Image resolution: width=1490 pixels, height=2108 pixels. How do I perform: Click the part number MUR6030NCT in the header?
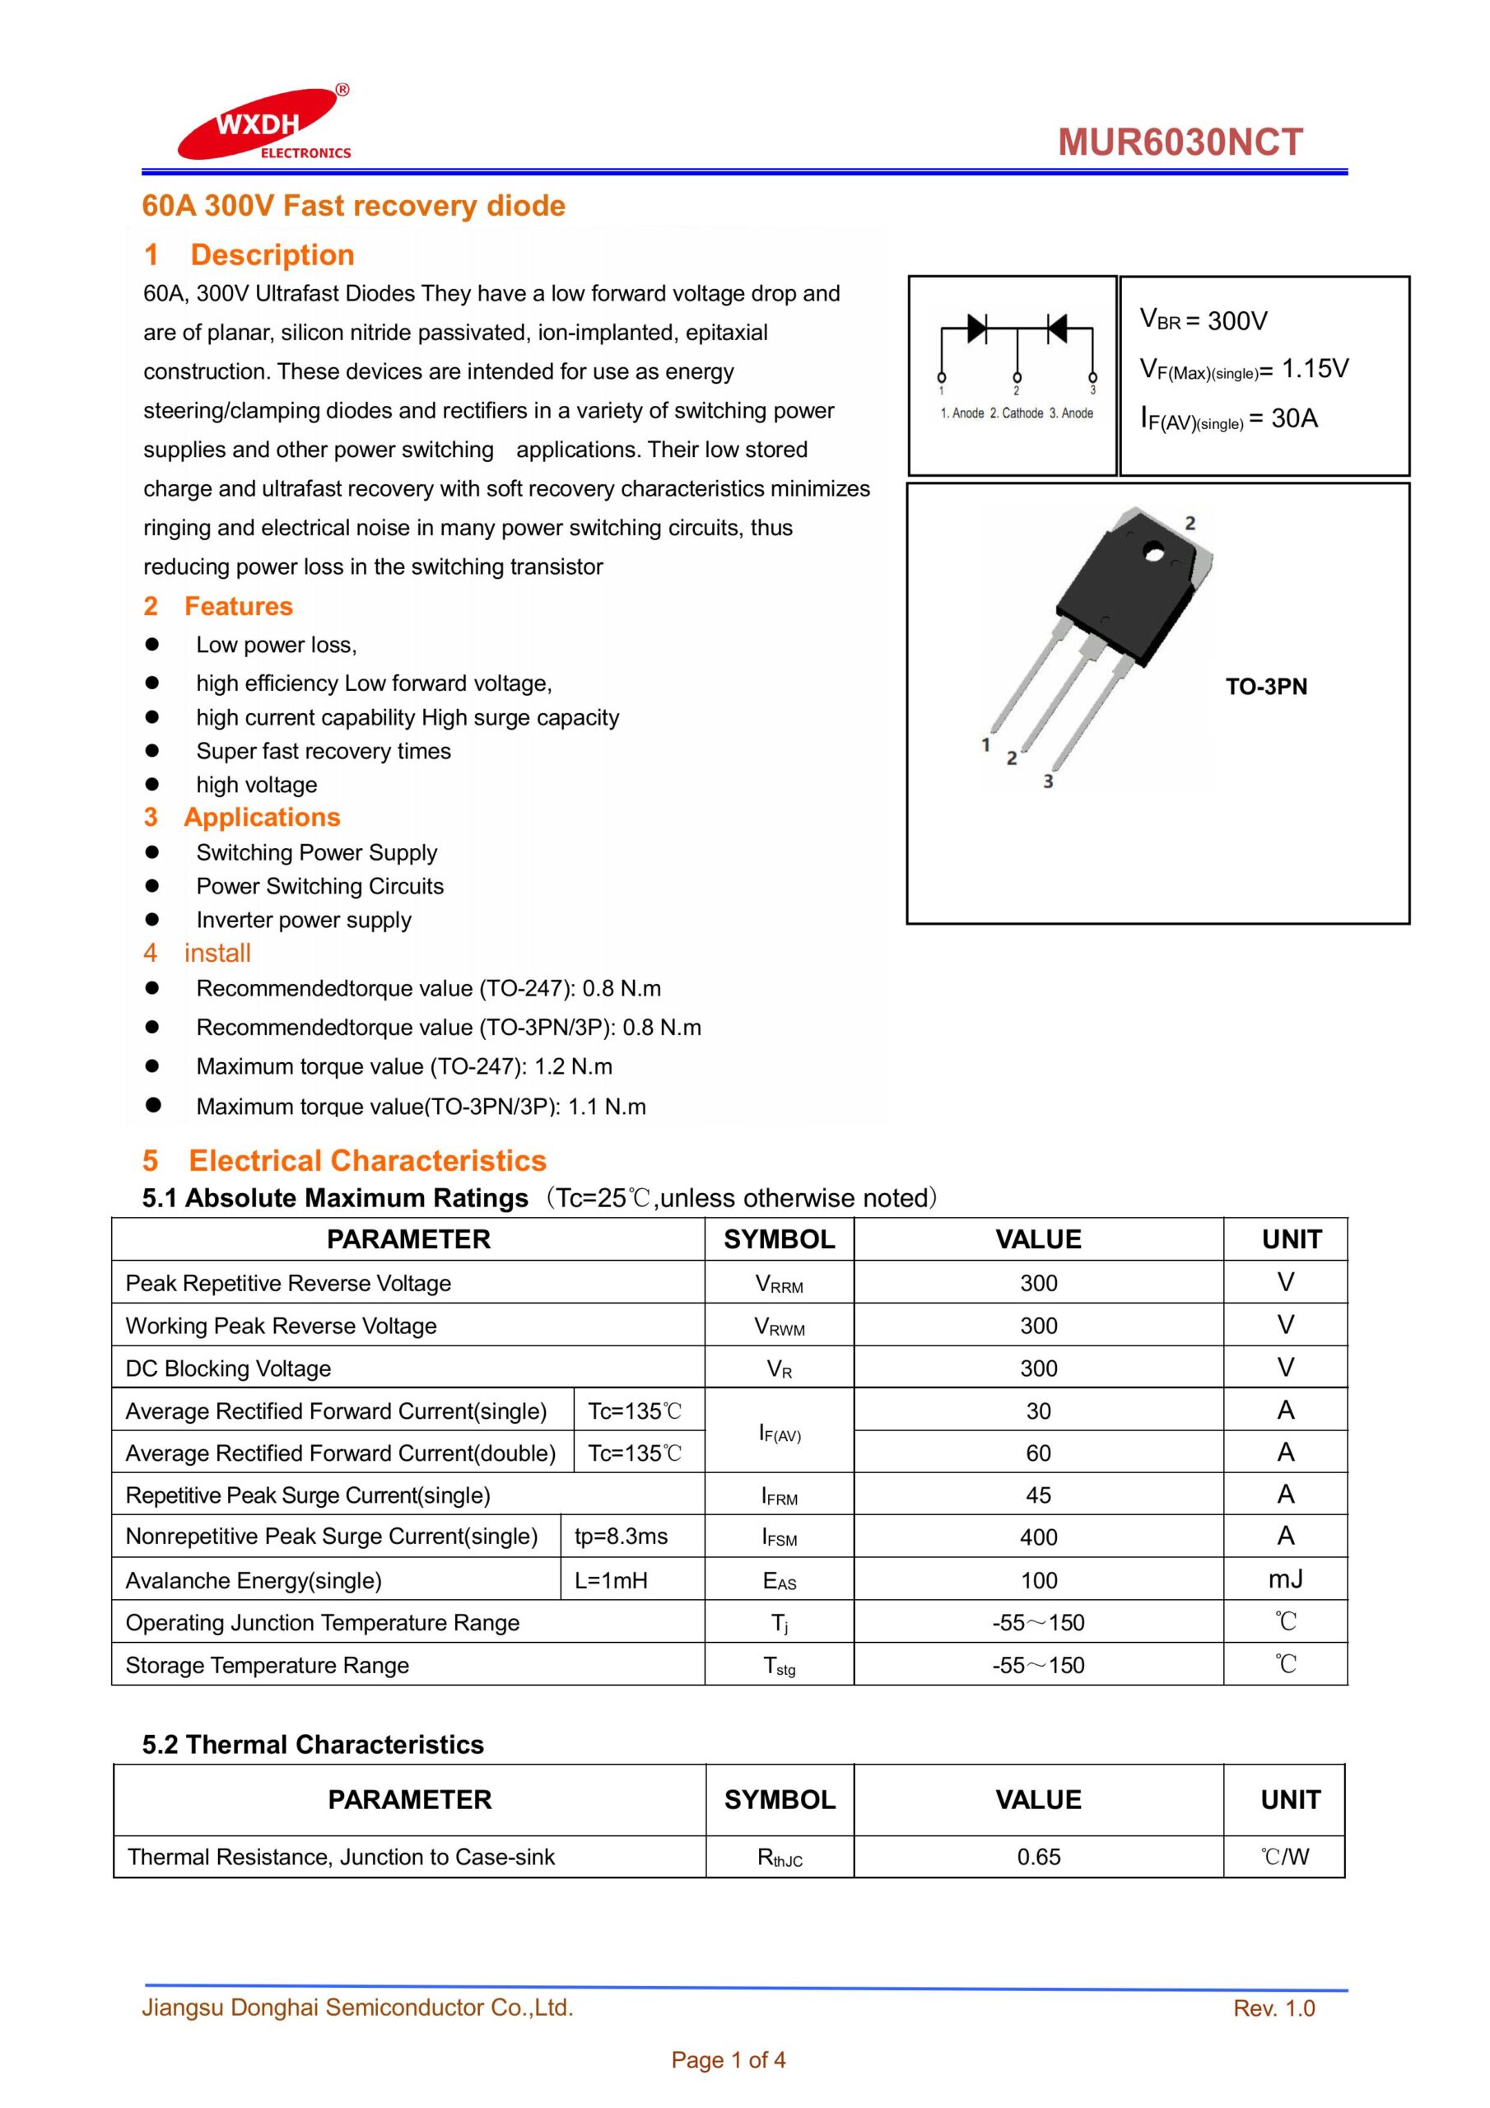click(1180, 142)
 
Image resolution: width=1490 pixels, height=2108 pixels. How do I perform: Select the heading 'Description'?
click(272, 254)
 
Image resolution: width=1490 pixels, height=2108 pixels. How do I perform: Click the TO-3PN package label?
click(1266, 687)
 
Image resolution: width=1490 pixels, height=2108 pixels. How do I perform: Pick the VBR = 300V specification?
click(1203, 319)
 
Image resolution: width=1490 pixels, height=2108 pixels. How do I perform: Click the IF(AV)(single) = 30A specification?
click(1228, 418)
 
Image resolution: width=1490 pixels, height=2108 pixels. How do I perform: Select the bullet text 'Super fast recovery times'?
click(324, 751)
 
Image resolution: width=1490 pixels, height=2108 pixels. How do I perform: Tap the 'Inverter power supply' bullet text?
click(303, 920)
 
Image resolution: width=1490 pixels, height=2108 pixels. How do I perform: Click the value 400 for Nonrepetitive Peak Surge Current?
click(1038, 1537)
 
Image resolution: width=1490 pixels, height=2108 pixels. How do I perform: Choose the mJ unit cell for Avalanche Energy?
click(1285, 1579)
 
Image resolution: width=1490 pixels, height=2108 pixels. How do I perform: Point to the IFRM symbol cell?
click(780, 1495)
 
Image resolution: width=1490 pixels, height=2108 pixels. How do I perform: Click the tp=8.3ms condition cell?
click(621, 1536)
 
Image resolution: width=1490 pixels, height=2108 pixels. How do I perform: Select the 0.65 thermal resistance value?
click(1038, 1856)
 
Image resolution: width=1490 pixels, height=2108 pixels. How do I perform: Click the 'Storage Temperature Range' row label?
click(268, 1666)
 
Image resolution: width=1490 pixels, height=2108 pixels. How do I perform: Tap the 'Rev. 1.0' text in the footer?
click(1273, 2008)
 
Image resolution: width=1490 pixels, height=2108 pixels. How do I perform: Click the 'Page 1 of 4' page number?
click(728, 2059)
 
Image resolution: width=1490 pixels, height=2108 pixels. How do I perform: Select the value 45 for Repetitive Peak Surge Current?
click(1038, 1495)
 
